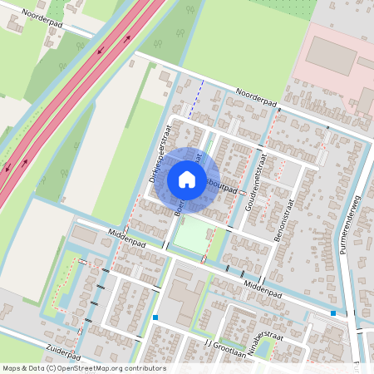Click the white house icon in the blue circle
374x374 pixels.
[x=186, y=179]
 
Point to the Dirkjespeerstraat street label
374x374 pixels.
[x=155, y=154]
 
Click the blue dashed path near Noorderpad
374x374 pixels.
[x=195, y=98]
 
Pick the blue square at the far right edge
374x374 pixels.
[x=333, y=313]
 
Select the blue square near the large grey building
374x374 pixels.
[x=155, y=317]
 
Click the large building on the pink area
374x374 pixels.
[x=330, y=55]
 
